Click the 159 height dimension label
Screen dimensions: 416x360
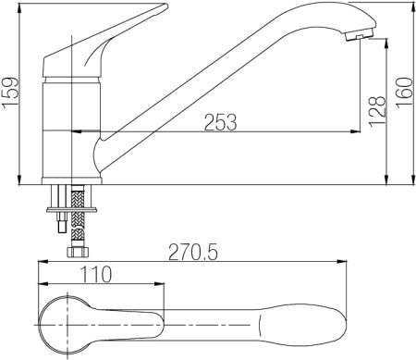[x=10, y=93]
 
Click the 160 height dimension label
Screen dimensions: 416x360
[x=404, y=93]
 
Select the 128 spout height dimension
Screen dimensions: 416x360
[x=377, y=111]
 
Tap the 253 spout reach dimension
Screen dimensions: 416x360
[x=221, y=122]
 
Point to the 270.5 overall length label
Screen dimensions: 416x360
[x=193, y=252]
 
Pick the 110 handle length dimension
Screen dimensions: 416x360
[x=96, y=274]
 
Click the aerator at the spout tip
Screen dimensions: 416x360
[x=360, y=34]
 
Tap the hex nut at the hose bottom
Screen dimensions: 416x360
[x=78, y=252]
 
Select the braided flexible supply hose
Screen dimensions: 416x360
[x=78, y=216]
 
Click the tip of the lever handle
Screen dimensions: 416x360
[x=166, y=6]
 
